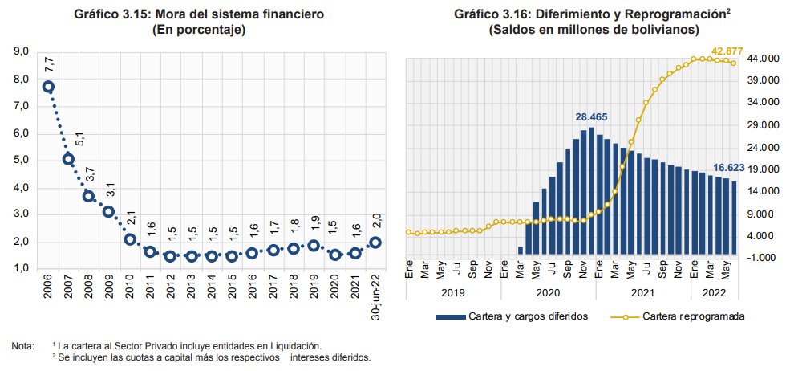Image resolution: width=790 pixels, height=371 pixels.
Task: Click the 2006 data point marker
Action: [48, 87]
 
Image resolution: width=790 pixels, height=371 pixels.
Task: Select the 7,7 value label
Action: [49, 63]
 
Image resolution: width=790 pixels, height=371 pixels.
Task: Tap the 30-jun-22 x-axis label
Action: [375, 298]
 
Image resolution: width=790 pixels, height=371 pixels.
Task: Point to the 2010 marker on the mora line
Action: [130, 239]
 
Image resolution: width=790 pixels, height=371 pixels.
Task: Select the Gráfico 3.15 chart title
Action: [198, 14]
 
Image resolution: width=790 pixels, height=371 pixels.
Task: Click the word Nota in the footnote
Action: [22, 346]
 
